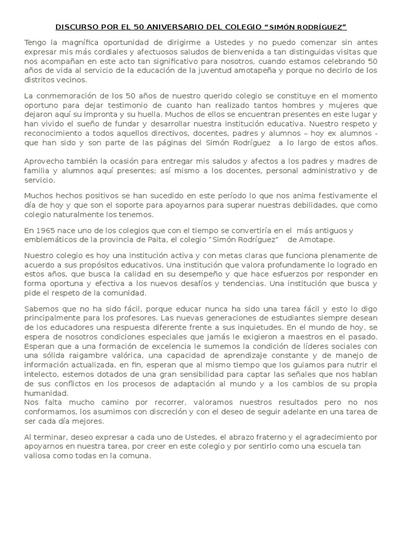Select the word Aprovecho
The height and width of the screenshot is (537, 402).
tap(47, 161)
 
